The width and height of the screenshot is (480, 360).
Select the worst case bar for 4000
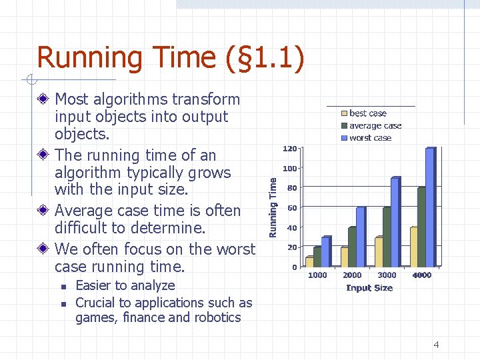pyautogui.click(x=429, y=207)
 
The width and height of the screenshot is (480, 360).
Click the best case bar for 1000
pyautogui.click(x=309, y=261)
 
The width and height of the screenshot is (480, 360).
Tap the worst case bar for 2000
pyautogui.click(x=360, y=237)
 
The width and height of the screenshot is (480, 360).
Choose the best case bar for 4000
pyautogui.click(x=413, y=247)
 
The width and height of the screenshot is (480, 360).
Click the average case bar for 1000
pyautogui.click(x=317, y=257)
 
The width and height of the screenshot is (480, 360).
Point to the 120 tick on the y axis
pyautogui.click(x=289, y=148)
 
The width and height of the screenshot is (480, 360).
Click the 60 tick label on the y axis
pyautogui.click(x=292, y=208)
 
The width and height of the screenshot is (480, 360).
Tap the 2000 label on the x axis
pyautogui.click(x=352, y=275)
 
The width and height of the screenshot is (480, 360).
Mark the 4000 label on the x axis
pyautogui.click(x=421, y=275)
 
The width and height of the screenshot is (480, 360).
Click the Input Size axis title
pyautogui.click(x=369, y=288)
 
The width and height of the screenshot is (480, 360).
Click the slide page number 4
pyautogui.click(x=436, y=345)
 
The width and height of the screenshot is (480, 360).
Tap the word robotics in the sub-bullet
pyautogui.click(x=217, y=317)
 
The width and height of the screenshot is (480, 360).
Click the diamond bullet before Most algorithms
pyautogui.click(x=43, y=99)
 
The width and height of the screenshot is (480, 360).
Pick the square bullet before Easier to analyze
pyautogui.click(x=62, y=286)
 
